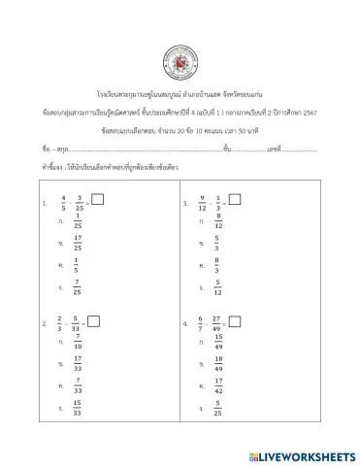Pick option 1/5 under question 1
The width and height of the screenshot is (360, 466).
pos(78,263)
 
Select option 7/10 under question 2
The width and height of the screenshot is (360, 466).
pos(78,342)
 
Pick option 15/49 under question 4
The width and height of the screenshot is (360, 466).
pos(218,342)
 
